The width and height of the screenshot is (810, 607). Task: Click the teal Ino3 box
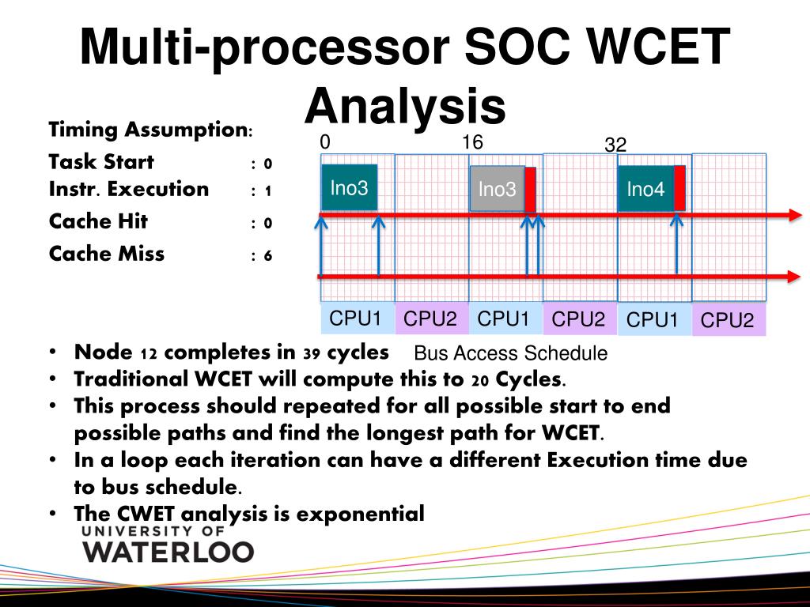pyautogui.click(x=349, y=187)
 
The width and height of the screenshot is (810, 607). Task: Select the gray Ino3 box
pyautogui.click(x=497, y=189)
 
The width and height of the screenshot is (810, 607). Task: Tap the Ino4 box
pyautogui.click(x=645, y=189)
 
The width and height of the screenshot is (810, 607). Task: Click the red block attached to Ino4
pyautogui.click(x=679, y=188)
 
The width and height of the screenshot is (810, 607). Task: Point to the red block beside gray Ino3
pyautogui.click(x=530, y=190)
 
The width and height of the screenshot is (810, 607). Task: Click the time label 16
pyautogui.click(x=472, y=142)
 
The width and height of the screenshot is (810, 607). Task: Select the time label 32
pyautogui.click(x=615, y=145)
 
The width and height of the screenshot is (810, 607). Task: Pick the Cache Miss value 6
pyautogui.click(x=268, y=255)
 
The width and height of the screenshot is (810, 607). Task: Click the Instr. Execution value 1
pyautogui.click(x=268, y=190)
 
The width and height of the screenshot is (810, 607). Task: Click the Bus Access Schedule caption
pyautogui.click(x=511, y=353)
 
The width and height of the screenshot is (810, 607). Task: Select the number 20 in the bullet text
pyautogui.click(x=479, y=380)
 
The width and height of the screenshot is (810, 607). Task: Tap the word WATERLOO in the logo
pyautogui.click(x=168, y=551)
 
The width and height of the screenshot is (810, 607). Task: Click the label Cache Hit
pyautogui.click(x=98, y=221)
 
